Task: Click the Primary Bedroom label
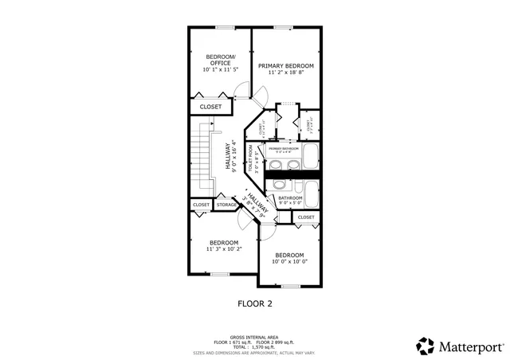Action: point(286,65)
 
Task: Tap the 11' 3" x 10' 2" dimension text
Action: point(224,248)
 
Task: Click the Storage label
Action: point(226,205)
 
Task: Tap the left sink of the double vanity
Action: point(276,166)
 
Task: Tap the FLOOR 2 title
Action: point(255,303)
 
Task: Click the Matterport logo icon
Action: point(424,346)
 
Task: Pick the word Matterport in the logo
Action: point(470,346)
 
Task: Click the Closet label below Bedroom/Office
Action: point(211,106)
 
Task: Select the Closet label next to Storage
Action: point(201,205)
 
